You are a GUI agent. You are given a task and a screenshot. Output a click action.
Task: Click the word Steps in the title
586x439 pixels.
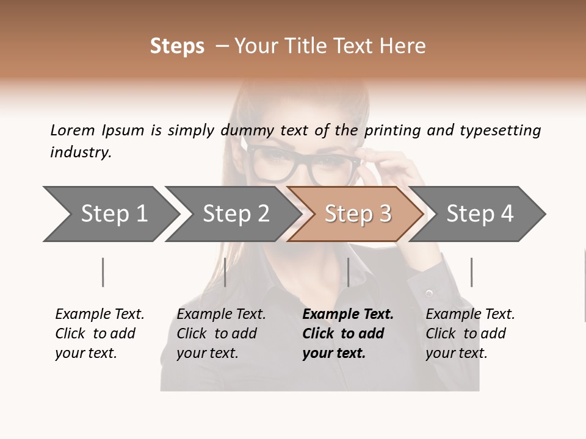177,46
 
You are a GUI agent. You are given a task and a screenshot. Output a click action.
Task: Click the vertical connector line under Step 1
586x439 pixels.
103,272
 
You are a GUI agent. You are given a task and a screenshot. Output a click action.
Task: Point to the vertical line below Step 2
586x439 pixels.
225,272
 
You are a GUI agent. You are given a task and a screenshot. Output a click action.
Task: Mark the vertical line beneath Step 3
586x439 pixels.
348,272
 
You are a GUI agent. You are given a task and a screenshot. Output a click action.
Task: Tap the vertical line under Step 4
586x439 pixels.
471,272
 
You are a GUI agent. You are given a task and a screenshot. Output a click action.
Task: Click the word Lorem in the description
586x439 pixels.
72,130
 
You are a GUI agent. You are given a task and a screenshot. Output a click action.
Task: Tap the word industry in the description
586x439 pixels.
79,152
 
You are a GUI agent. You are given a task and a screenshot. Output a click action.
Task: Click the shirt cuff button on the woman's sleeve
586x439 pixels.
429,294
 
